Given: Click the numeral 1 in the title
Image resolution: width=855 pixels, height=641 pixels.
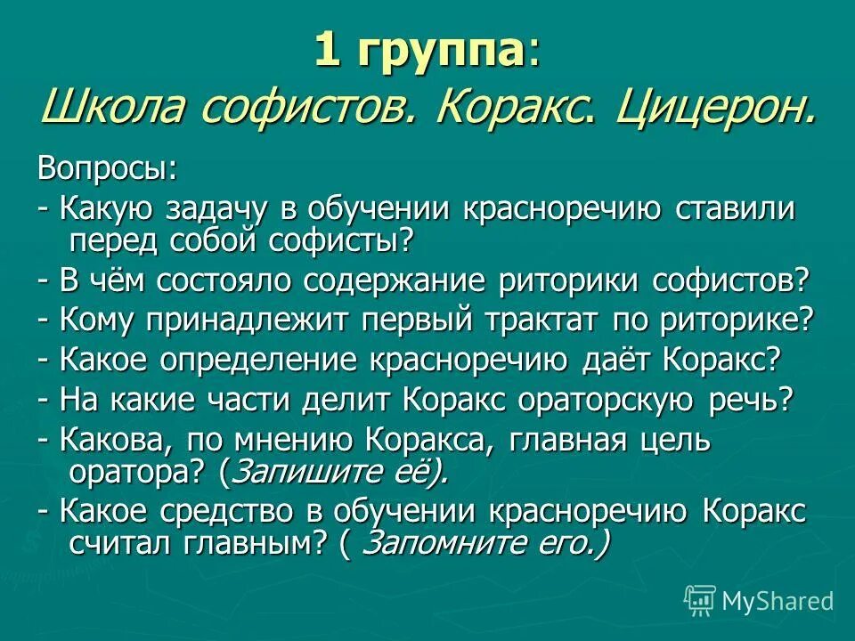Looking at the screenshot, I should coord(328,52).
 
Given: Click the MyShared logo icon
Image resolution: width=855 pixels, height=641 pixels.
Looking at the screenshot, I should coord(700,600).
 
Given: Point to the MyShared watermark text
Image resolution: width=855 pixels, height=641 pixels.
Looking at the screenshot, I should coord(777,601).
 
